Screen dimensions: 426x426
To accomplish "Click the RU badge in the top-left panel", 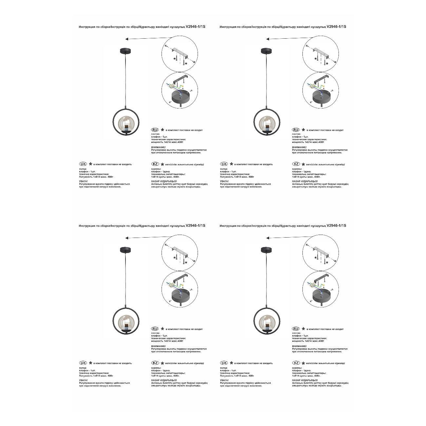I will coord(155,130).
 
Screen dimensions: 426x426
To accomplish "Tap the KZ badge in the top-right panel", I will coord(296,164).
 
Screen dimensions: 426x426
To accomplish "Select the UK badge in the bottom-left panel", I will coord(83,363).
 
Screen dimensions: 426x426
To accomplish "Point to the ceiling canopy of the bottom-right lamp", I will coord(266,250).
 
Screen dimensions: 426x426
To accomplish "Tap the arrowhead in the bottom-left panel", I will coord(127,238).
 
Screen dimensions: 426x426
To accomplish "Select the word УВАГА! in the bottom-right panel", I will coord(224,380).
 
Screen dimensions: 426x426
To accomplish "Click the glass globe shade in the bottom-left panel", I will coord(126,322).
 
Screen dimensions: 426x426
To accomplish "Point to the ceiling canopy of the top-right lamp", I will coord(266,51).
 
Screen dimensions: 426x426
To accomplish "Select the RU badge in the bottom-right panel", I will coord(296,329).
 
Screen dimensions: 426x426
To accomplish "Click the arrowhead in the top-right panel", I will coord(268,39).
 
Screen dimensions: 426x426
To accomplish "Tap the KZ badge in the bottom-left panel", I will coord(155,363).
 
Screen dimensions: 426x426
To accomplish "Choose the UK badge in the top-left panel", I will coord(83,164).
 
